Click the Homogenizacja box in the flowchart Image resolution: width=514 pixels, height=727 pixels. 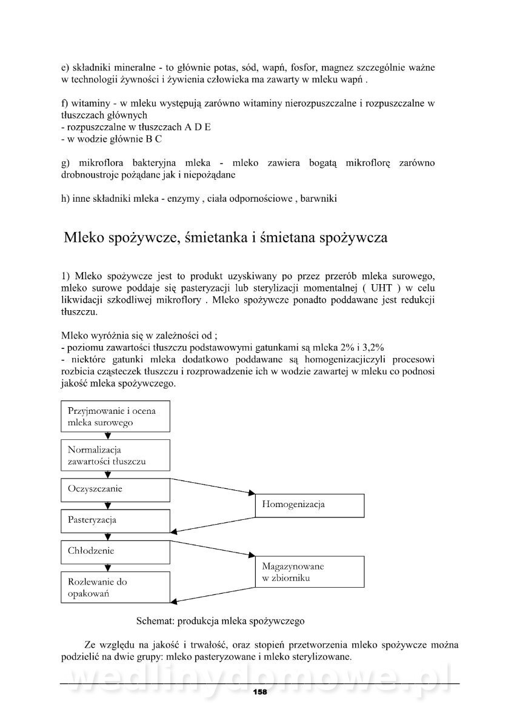pos(310,505)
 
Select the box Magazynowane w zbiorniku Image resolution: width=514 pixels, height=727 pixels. pos(310,573)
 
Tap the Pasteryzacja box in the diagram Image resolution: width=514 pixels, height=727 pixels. pos(115,520)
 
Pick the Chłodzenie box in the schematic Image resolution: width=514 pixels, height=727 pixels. pos(115,551)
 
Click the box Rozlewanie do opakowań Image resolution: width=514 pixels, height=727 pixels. pos(115,588)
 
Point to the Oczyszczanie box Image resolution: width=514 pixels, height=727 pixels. pos(115,489)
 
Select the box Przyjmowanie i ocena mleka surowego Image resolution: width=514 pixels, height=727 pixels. pos(115,416)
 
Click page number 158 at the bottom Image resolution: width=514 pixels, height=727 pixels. pos(259,692)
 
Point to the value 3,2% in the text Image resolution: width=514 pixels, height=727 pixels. pos(373,347)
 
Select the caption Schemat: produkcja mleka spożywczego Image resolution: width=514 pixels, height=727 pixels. pos(220,621)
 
